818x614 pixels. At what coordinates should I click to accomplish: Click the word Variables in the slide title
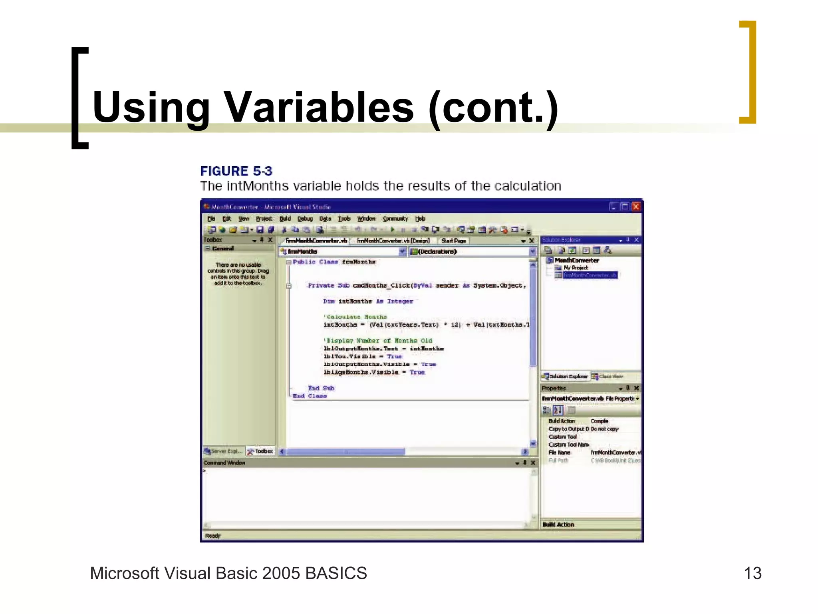pyautogui.click(x=320, y=107)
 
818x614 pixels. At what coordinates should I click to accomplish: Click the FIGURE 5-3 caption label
pyautogui.click(x=236, y=171)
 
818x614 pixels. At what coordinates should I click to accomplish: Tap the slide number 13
pyautogui.click(x=752, y=573)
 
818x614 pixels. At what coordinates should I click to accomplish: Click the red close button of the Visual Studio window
pyautogui.click(x=636, y=206)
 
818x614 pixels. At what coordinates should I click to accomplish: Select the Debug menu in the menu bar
pyautogui.click(x=305, y=219)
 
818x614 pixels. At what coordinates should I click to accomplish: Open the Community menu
pyautogui.click(x=395, y=219)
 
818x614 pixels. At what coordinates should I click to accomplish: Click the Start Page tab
pyautogui.click(x=453, y=241)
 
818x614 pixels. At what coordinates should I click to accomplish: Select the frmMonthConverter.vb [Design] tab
pyautogui.click(x=393, y=241)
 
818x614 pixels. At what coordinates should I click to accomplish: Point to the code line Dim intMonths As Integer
pyautogui.click(x=368, y=301)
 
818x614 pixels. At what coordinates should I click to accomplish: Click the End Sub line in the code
pyautogui.click(x=321, y=388)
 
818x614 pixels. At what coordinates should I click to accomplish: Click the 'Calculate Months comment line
pyautogui.click(x=355, y=317)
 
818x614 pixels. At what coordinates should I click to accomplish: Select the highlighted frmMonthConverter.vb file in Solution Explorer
pyautogui.click(x=590, y=275)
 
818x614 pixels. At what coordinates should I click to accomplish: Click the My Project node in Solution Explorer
pyautogui.click(x=575, y=268)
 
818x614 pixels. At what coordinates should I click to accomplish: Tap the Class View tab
pyautogui.click(x=610, y=377)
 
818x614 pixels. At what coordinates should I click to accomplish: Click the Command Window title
pyautogui.click(x=224, y=463)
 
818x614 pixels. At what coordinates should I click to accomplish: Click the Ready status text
pyautogui.click(x=212, y=536)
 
